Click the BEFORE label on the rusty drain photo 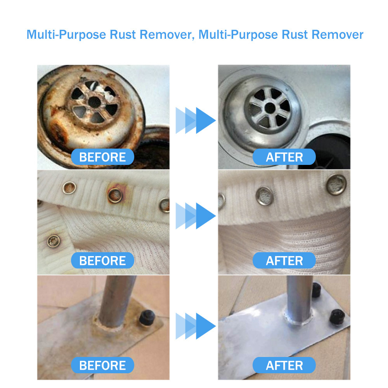(102, 157)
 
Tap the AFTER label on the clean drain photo (284, 157)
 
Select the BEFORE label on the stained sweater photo (102, 261)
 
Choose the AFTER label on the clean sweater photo (284, 261)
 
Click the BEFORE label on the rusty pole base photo (102, 365)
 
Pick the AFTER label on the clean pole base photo (284, 365)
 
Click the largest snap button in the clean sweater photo (336, 184)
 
